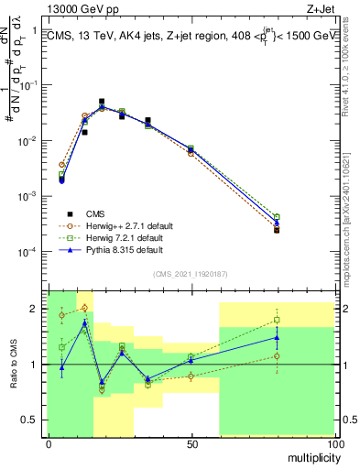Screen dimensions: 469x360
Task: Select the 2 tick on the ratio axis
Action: click(x=35, y=309)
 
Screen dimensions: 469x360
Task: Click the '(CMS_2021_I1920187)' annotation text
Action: click(x=191, y=273)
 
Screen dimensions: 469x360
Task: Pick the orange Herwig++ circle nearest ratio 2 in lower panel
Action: click(x=84, y=308)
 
